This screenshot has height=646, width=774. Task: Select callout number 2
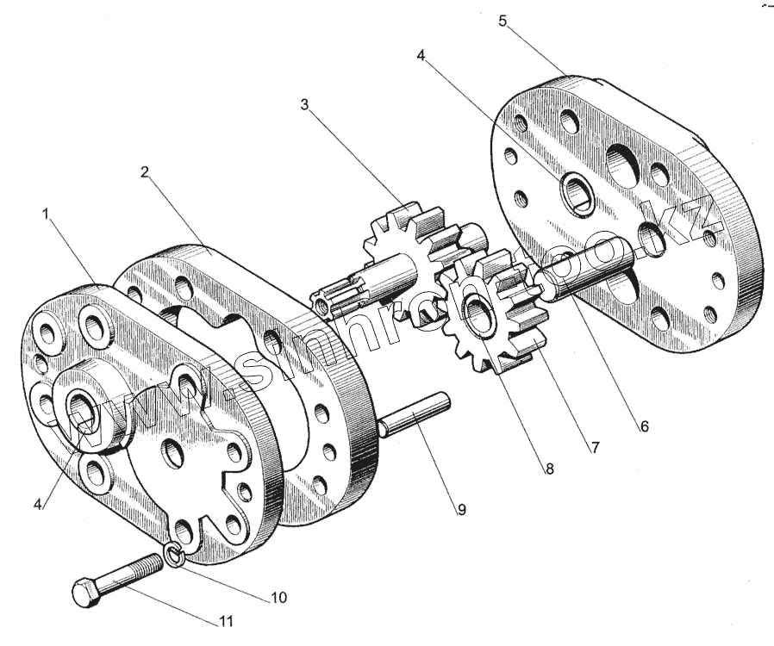144,171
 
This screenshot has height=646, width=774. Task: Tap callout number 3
304,105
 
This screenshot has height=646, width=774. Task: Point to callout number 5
502,22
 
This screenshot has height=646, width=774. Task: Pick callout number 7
593,448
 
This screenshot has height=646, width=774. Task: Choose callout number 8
548,469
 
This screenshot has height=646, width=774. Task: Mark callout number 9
461,509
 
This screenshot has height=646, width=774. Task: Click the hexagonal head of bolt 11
85,593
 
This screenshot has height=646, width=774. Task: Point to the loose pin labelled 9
414,414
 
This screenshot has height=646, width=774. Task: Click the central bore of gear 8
477,307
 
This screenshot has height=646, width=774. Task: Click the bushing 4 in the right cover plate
574,194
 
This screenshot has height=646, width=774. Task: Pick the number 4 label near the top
421,56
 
